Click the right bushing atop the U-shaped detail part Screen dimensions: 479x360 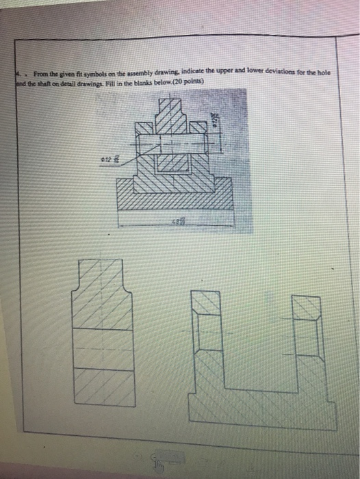point(306,307)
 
